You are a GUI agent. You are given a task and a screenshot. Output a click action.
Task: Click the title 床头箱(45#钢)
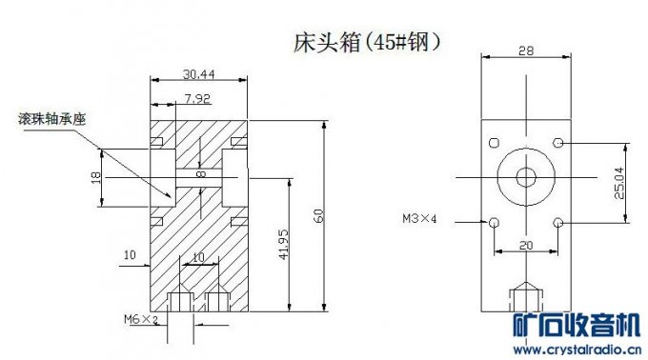tap(366, 43)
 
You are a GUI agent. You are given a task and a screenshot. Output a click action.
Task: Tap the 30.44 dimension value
tap(198, 73)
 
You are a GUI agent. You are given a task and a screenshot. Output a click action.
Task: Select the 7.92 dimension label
tap(197, 98)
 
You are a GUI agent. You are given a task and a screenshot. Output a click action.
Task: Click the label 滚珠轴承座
tap(53, 119)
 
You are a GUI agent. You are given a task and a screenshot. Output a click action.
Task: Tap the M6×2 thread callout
tap(140, 319)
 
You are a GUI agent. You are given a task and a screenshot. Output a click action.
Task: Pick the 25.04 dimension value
tap(618, 182)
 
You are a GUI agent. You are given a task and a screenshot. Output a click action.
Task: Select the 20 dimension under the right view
tap(525, 244)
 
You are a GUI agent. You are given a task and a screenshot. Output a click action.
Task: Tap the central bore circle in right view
tap(525, 176)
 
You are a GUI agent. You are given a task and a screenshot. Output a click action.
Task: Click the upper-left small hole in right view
tap(493, 143)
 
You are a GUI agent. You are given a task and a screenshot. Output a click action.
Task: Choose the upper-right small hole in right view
tap(557, 143)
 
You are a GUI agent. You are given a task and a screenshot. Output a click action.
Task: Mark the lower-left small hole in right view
tap(493, 222)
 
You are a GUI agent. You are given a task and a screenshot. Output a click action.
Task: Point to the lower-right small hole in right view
tap(557, 222)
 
